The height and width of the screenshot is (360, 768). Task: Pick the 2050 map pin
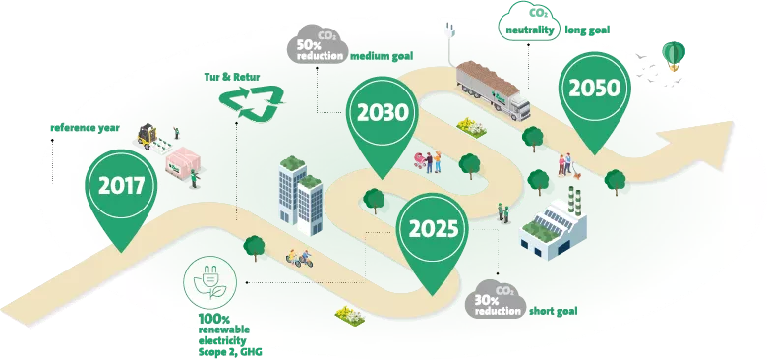[594, 98]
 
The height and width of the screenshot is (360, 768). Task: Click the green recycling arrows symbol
[252, 103]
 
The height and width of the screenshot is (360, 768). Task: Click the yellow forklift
[147, 136]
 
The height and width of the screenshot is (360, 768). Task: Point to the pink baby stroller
[420, 160]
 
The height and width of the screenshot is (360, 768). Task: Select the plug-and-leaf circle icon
[209, 282]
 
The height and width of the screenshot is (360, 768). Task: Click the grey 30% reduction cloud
[495, 299]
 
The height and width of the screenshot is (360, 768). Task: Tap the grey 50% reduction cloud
[318, 44]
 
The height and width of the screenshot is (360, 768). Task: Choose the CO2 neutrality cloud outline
[529, 21]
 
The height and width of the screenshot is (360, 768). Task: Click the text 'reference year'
[85, 128]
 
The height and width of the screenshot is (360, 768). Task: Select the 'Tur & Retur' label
[232, 77]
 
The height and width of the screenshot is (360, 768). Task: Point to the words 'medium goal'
[382, 56]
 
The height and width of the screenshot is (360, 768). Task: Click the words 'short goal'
[553, 311]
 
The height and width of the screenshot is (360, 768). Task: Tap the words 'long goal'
[587, 30]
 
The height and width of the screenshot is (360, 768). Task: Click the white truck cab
[516, 107]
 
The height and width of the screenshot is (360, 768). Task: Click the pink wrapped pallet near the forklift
[183, 160]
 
